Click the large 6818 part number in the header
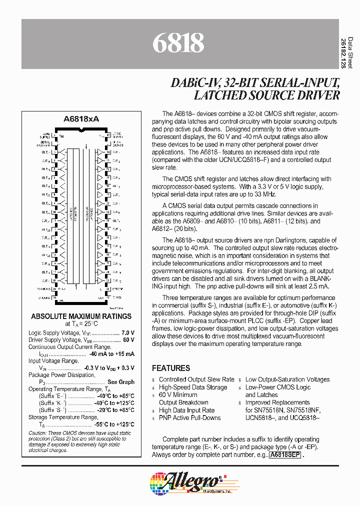pos(178,43)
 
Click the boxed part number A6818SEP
pos(285,455)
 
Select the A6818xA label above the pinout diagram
pos(81,119)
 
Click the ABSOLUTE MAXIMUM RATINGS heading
pos(81,316)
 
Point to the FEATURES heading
pos(171,368)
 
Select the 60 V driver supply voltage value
pos(128,339)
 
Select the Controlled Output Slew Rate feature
pos(196,379)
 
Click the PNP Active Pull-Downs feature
pos(189,417)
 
